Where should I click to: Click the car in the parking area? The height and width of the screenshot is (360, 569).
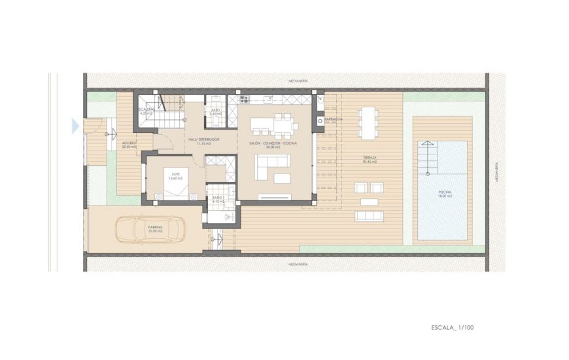point(150,229)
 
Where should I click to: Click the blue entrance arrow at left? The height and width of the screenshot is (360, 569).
point(75,125)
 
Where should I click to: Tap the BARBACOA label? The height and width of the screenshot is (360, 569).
point(334,120)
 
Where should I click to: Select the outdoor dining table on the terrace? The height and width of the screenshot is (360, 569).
point(368,122)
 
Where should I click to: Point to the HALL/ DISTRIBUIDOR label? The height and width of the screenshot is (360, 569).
point(204,139)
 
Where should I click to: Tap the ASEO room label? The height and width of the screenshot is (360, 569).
point(215,111)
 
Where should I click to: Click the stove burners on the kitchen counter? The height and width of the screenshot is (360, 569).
point(245,99)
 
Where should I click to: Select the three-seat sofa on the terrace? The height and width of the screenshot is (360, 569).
point(369,215)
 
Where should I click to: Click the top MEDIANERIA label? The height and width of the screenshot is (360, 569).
point(298,81)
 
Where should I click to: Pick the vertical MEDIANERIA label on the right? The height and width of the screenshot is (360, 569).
point(496,171)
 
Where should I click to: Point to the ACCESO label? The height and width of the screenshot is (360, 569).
point(129,143)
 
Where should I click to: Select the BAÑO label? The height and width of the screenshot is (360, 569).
point(218,198)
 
